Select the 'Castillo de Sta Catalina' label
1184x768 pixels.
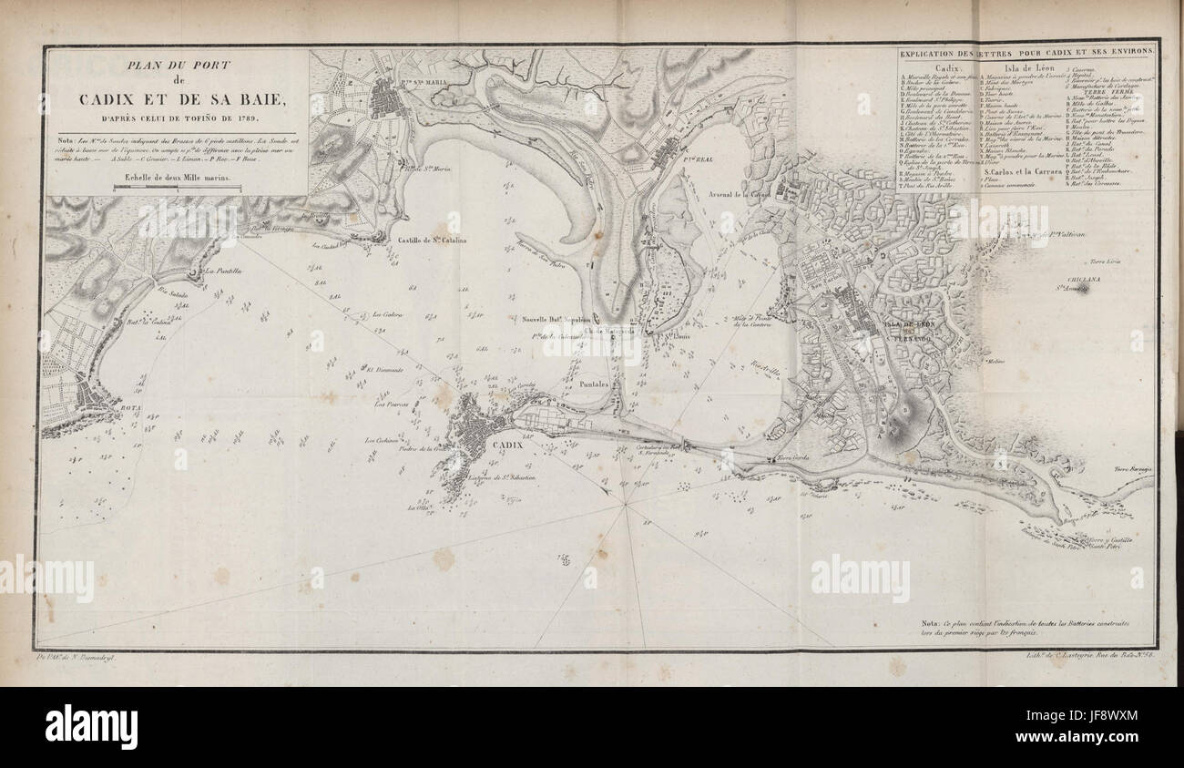(x=432, y=241)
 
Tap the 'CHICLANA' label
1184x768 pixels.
(x=1093, y=279)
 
